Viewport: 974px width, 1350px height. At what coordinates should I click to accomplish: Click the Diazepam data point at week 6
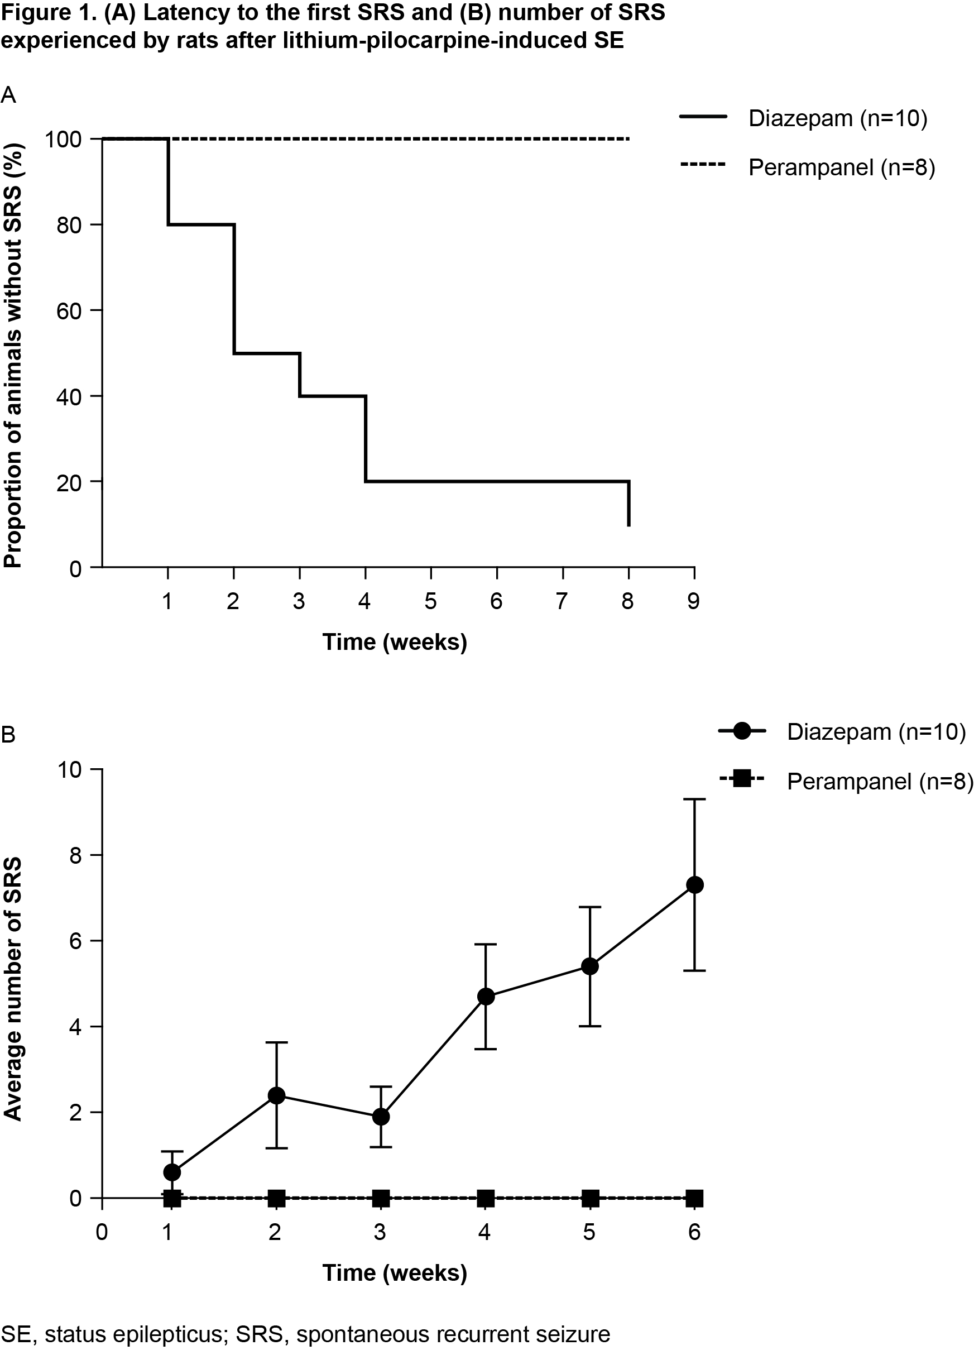(694, 885)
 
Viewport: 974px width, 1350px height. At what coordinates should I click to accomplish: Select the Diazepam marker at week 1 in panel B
(172, 1172)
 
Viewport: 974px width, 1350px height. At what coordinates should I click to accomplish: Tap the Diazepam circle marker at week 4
(486, 997)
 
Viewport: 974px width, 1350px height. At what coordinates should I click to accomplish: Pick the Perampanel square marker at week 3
(381, 1198)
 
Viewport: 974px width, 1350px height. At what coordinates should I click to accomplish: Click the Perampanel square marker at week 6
(694, 1198)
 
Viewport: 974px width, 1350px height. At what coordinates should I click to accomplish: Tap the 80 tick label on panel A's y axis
(69, 225)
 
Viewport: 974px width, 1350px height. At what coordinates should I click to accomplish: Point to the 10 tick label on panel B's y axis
(71, 770)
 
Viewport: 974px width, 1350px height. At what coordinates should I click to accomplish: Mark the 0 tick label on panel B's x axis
(102, 1232)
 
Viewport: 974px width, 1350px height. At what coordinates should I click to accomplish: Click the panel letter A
(8, 95)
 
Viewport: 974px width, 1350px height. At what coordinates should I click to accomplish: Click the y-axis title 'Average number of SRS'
(13, 989)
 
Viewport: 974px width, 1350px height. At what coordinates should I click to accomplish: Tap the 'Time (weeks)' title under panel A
(395, 642)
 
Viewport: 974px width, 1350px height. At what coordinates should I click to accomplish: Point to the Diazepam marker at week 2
(276, 1096)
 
